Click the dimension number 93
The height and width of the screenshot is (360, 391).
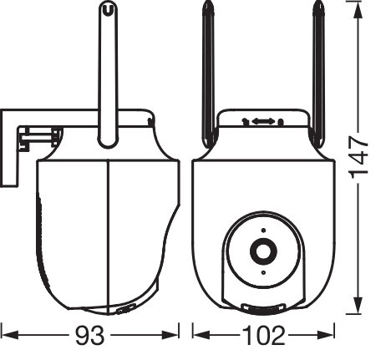click(90, 336)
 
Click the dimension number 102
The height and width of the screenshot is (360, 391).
click(264, 336)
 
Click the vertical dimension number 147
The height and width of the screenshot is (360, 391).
click(358, 157)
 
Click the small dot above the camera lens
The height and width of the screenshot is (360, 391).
click(263, 231)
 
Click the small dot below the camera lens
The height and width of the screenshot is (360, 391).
click(263, 272)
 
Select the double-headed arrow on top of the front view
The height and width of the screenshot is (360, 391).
click(263, 121)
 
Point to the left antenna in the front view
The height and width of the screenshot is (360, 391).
click(208, 74)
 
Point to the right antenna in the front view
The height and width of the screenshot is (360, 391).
click(318, 74)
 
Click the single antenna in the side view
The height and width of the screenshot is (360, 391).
click(108, 74)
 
